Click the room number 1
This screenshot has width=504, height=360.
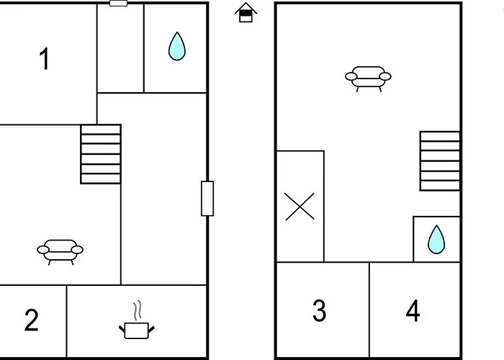coord(44,58)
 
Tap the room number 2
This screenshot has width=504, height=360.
coord(31,320)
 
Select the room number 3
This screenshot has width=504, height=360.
coord(319,310)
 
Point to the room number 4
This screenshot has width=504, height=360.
coord(413,310)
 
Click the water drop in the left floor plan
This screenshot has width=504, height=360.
coord(177,46)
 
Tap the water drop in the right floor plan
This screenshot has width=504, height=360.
coord(436,240)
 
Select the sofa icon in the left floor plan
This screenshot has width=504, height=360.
coord(60,252)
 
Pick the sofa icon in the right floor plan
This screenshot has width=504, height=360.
coord(368,78)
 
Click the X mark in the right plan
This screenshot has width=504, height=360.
coord(300,207)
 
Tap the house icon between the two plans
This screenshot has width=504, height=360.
coord(246,12)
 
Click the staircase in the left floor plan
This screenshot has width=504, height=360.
coord(101,154)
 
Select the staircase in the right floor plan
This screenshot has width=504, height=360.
coord(440,161)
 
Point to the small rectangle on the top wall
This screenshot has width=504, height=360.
coord(119,3)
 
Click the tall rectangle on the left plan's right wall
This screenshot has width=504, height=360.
coord(207,198)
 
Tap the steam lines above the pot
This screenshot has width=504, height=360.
coord(138,310)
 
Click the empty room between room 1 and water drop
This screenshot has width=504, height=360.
coord(120,48)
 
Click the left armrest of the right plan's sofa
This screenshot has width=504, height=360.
coord(351,76)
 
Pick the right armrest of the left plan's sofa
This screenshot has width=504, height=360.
coord(77,250)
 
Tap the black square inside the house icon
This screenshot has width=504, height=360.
coord(246,13)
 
